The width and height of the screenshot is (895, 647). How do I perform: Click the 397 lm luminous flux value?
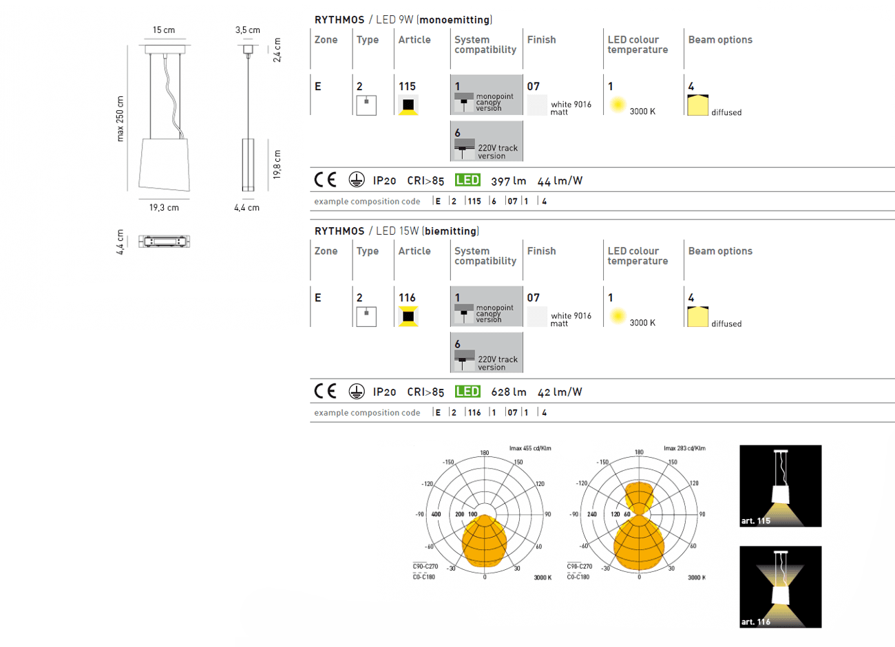tap(508, 181)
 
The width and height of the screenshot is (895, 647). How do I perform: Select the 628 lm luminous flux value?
tap(508, 392)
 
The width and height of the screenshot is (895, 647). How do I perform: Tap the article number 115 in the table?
tap(407, 87)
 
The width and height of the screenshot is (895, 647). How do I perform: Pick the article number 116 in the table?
tap(407, 298)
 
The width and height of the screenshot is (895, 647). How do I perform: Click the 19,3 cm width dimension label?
tap(164, 208)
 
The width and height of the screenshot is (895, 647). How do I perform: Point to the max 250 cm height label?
tap(120, 119)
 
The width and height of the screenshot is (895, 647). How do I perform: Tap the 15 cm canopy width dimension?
tap(164, 30)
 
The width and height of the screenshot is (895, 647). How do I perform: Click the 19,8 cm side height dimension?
tap(277, 165)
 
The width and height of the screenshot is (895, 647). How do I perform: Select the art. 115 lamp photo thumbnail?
tap(780, 486)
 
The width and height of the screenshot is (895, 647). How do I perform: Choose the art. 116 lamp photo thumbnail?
tap(780, 586)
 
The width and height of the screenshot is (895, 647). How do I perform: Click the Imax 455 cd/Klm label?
tap(530, 449)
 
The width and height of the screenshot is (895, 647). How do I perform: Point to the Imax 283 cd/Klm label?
tap(684, 449)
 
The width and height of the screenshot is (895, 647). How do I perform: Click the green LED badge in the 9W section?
tap(467, 180)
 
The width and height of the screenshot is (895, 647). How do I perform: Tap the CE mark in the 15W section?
tap(325, 392)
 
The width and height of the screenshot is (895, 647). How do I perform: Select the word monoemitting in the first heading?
tap(454, 20)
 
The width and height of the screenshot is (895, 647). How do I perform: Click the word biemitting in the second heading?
tap(451, 231)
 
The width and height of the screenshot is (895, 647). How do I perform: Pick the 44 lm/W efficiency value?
tap(560, 181)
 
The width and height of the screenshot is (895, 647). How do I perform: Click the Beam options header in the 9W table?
tap(720, 40)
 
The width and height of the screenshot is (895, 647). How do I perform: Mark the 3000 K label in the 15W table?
tap(642, 323)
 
